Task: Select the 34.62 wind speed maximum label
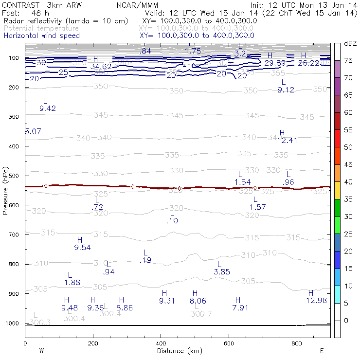[101, 67]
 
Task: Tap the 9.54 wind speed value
[82, 248]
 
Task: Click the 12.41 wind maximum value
[287, 141]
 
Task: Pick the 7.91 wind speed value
[240, 307]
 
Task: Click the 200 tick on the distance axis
[93, 343]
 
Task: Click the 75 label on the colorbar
[348, 60]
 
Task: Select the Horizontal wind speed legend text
[41, 36]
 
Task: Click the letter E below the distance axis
[322, 350]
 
